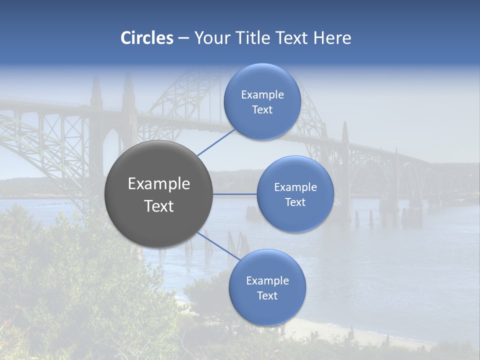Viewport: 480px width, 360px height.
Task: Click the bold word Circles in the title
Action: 147,38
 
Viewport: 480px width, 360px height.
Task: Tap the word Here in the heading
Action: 332,38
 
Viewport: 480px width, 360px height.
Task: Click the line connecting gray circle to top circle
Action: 215,142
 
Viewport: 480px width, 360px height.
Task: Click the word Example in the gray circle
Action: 159,184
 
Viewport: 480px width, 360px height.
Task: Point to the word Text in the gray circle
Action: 159,206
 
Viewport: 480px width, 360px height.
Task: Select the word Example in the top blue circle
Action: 262,95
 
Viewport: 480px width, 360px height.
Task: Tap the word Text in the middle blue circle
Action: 295,202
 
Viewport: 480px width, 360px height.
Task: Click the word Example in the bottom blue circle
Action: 267,281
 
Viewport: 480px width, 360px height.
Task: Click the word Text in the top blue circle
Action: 262,110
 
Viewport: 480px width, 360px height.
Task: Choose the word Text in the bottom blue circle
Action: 267,296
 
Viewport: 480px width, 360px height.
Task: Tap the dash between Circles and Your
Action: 183,38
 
